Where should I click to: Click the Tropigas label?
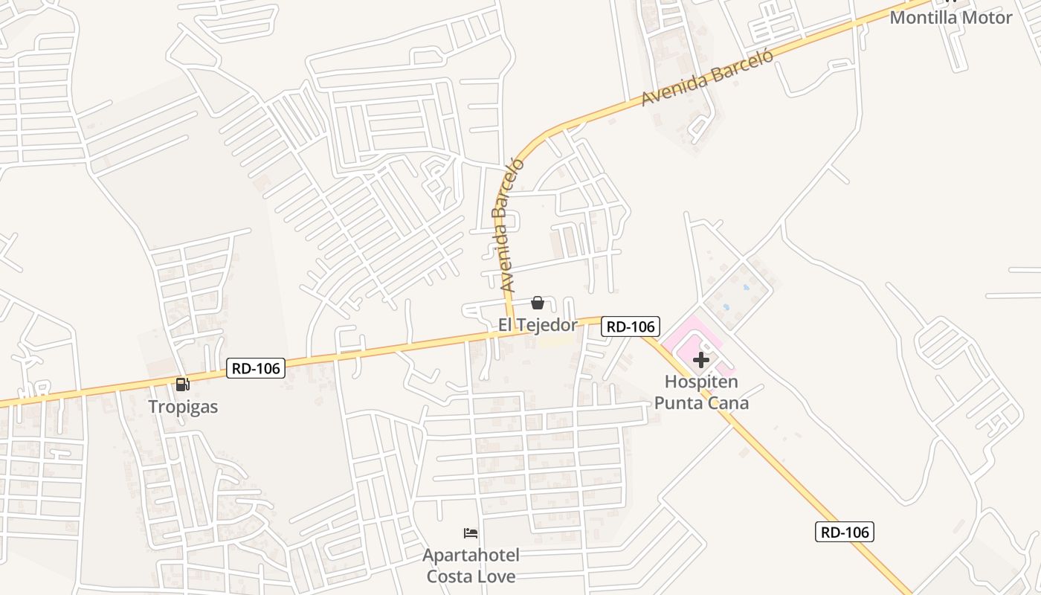click(183, 407)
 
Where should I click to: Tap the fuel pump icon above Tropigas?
click(183, 385)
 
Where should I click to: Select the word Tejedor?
click(549, 325)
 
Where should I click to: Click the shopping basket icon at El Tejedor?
click(538, 303)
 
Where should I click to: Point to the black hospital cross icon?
click(700, 361)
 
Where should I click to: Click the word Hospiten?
click(701, 382)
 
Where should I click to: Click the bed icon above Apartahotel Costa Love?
click(471, 533)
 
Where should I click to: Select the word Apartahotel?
click(471, 556)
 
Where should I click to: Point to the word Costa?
click(448, 576)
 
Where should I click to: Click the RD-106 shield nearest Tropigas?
click(256, 368)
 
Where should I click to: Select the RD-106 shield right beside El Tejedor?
click(631, 326)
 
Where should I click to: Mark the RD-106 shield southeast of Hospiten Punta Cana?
click(844, 532)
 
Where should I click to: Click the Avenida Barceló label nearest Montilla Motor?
click(707, 77)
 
